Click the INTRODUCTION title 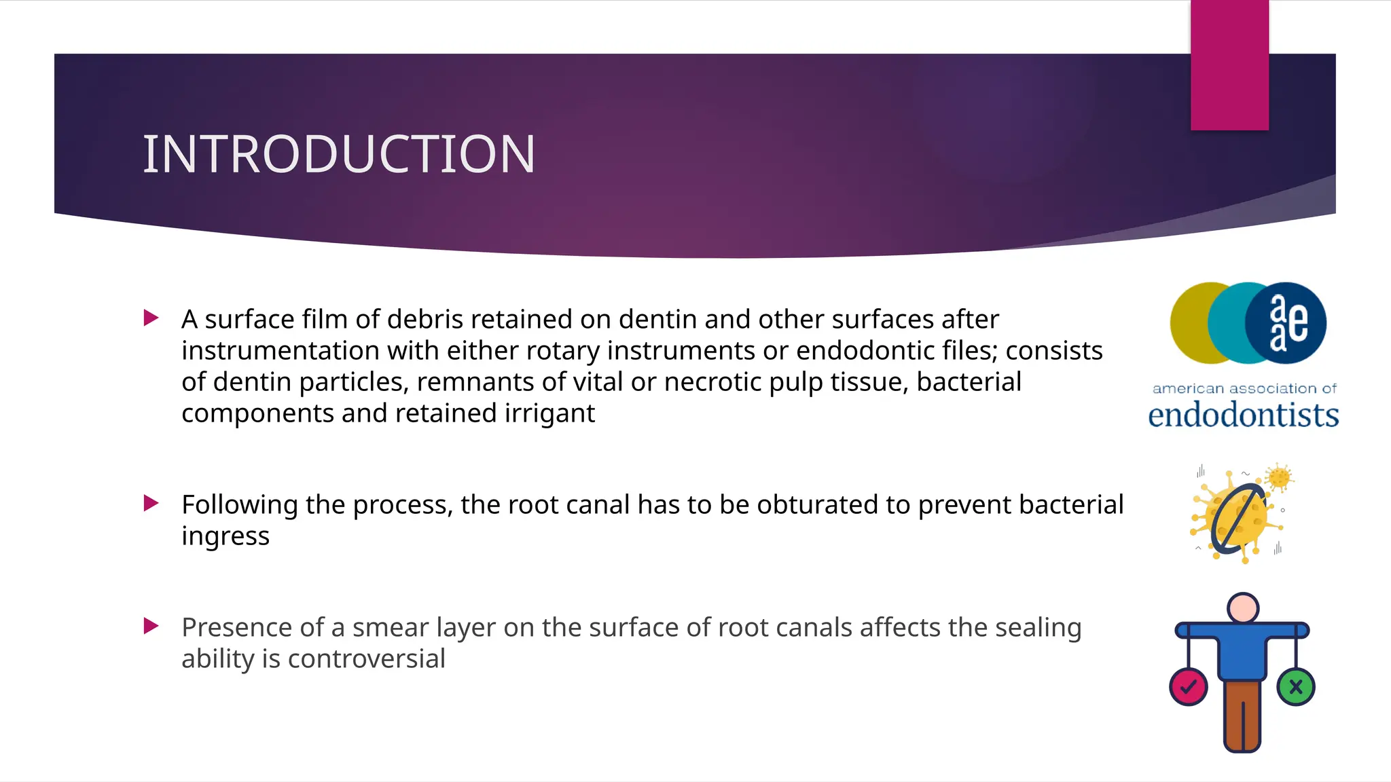click(x=339, y=154)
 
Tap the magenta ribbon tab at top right click(x=1229, y=64)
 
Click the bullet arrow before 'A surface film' click(x=151, y=318)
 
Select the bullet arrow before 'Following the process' click(x=151, y=503)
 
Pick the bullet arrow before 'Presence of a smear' click(x=151, y=626)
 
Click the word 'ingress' click(x=225, y=536)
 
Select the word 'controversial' click(x=367, y=659)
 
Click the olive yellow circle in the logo click(x=1190, y=323)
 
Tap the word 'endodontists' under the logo click(x=1243, y=415)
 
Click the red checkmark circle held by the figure click(x=1188, y=687)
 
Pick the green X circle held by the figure click(x=1295, y=687)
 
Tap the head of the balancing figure click(x=1243, y=608)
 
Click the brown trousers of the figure click(x=1242, y=716)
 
